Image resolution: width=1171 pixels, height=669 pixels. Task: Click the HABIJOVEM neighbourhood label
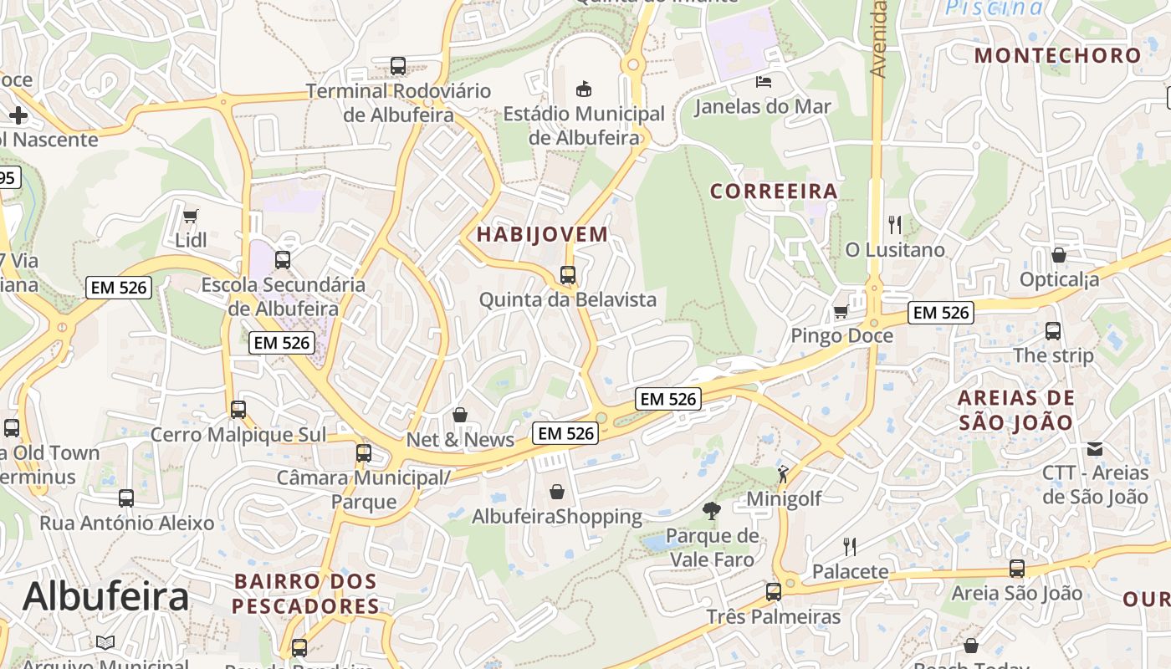[x=542, y=234]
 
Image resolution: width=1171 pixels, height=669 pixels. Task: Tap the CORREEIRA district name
[x=774, y=192]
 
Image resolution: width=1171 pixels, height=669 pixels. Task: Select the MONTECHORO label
[x=1058, y=56]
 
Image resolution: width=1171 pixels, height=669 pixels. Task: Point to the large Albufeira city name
[x=106, y=596]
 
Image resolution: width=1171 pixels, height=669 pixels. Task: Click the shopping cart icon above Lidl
[x=190, y=216]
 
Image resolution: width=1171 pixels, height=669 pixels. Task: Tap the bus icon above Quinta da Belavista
[x=568, y=274]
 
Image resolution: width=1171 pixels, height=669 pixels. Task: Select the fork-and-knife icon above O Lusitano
[x=895, y=224]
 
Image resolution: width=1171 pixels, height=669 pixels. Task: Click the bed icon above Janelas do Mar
[x=764, y=81]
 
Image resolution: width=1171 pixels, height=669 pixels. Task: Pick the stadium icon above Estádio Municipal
[x=584, y=89]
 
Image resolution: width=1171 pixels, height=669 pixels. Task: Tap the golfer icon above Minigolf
[x=783, y=474]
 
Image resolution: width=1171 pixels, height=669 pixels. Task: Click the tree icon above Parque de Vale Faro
[x=712, y=510]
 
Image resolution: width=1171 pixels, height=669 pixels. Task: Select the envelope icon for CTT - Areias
[x=1095, y=449]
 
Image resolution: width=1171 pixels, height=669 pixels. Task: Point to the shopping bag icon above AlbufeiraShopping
[x=557, y=492]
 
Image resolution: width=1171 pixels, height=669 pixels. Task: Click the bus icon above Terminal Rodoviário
[x=398, y=65]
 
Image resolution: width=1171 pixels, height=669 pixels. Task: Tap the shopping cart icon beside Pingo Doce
[x=841, y=311]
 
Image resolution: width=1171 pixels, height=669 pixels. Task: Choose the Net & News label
[x=460, y=440]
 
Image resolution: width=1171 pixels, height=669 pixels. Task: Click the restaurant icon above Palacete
[x=850, y=547]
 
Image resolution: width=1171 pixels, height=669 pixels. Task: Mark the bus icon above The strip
[x=1053, y=330]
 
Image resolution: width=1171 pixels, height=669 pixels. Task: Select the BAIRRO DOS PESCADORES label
[x=305, y=594]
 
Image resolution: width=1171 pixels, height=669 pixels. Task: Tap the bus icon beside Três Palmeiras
[x=774, y=592]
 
